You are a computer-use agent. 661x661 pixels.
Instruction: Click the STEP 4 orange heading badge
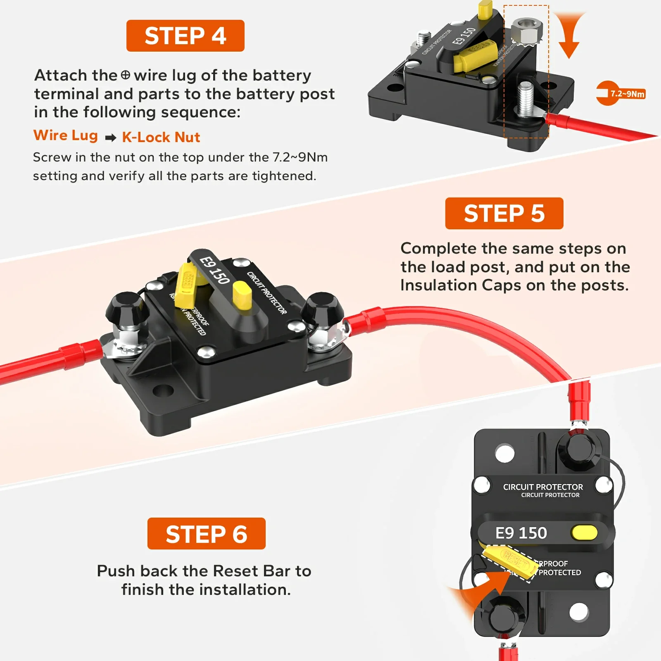tap(185, 36)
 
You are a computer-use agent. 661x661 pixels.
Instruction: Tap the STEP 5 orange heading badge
tap(504, 213)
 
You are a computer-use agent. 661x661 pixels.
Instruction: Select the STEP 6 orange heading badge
tap(206, 533)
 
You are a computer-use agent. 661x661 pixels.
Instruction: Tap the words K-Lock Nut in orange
tap(161, 137)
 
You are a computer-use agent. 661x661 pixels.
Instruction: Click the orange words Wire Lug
tap(66, 135)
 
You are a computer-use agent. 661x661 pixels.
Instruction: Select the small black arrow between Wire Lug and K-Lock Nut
tap(110, 138)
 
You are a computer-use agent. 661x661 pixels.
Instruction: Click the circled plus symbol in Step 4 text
tap(126, 75)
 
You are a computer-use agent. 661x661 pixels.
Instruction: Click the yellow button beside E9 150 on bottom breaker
tap(584, 533)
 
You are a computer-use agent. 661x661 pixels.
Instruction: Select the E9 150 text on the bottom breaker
tap(521, 533)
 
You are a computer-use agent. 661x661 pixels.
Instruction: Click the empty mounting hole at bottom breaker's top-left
tap(504, 453)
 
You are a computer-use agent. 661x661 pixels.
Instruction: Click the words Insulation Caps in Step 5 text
tap(460, 285)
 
